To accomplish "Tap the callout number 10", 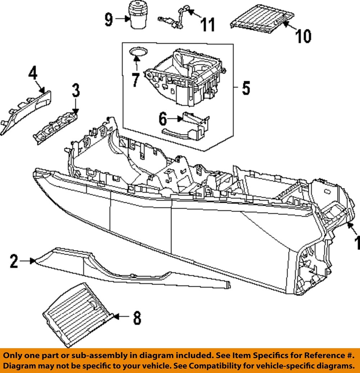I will tap(303, 36).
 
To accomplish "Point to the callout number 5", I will tap(246, 88).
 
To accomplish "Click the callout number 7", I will tap(135, 80).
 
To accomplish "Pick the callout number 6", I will tap(163, 118).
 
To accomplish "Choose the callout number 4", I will tap(33, 74).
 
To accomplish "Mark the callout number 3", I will tap(76, 91).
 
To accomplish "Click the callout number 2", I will tap(14, 261).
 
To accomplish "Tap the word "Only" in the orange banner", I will tap(14, 355).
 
